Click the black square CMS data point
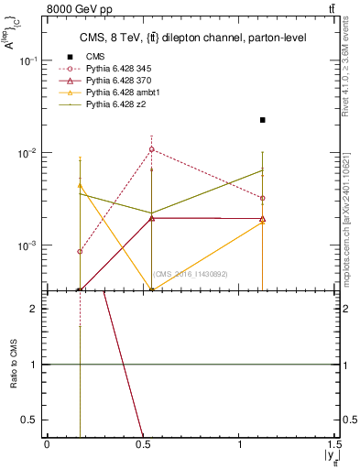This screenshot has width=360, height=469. click(263, 120)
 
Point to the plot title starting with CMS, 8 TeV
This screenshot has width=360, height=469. click(191, 38)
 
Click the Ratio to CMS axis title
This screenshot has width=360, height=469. click(14, 364)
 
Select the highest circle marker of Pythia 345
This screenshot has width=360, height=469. click(152, 149)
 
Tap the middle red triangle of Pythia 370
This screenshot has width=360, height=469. click(152, 218)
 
